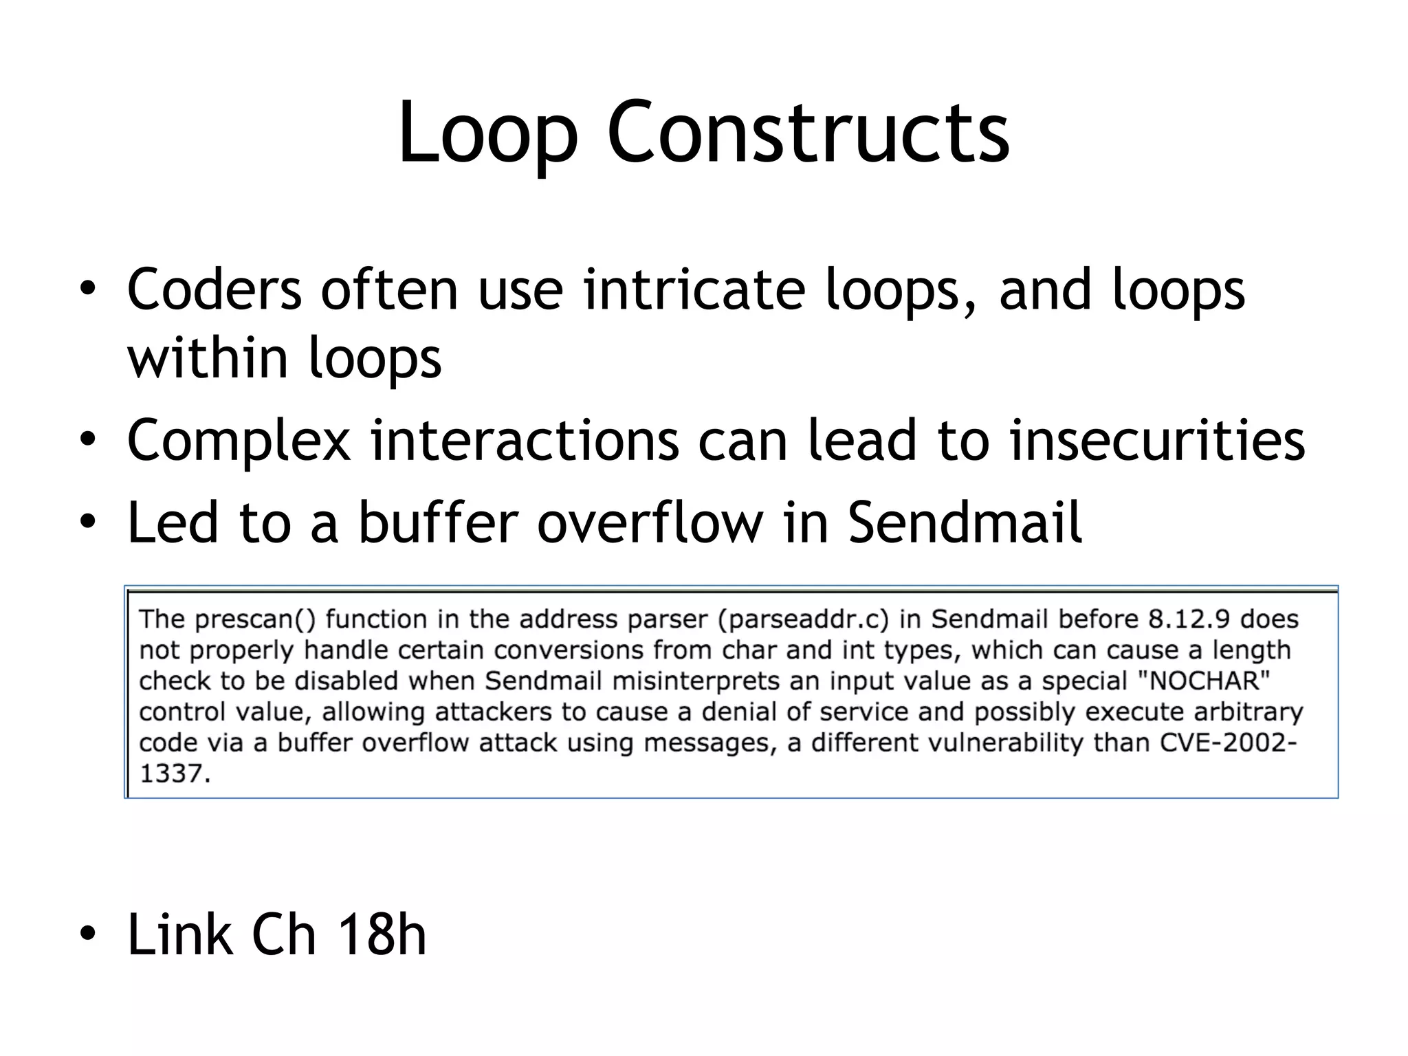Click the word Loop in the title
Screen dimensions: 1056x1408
pos(487,133)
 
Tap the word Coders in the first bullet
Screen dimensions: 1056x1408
pos(214,290)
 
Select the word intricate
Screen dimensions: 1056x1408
pos(694,290)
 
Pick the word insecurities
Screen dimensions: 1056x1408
pos(1157,441)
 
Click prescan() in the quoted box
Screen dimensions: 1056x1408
pos(255,620)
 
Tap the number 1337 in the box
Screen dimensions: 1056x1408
pos(172,774)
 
